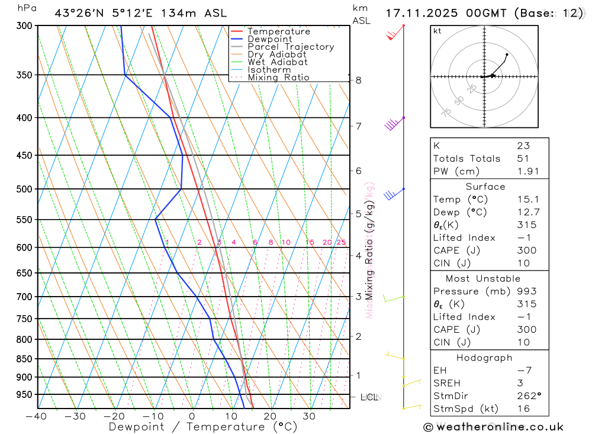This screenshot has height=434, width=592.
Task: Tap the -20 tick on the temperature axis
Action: point(114,416)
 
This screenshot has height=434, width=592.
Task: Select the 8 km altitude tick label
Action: point(358,80)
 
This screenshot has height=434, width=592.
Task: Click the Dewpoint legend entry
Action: point(269,39)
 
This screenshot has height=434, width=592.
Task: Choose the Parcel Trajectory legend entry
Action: point(291,47)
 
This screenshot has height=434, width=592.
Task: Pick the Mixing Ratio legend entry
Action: point(278,78)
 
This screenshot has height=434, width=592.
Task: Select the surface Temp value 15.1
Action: point(526,200)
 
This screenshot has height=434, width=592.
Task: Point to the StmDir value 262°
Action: point(525,396)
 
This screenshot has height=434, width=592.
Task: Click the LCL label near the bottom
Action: point(369,397)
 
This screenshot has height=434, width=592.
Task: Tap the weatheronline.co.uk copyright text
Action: point(493,427)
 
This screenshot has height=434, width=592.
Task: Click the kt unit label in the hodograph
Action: point(437,31)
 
